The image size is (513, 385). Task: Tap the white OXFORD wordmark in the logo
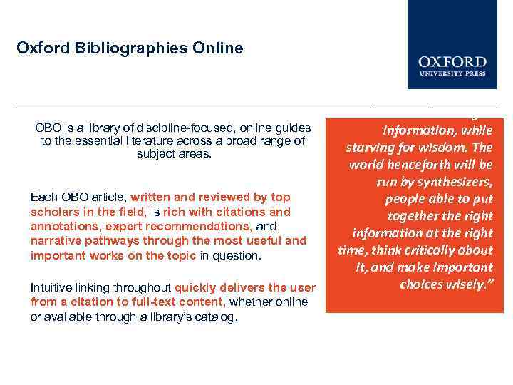[452, 62]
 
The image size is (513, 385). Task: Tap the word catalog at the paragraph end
[215, 316]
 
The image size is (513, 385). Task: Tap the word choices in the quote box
[420, 284]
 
